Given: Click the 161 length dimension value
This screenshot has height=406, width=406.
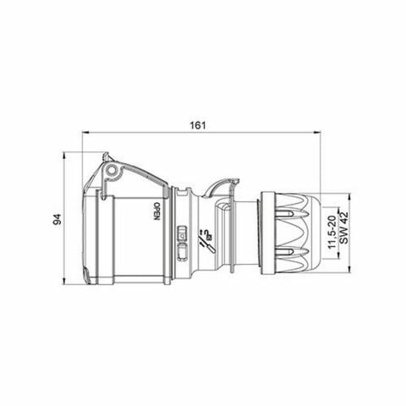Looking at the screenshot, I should tap(199, 123).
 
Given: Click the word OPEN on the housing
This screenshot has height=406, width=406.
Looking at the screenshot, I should tap(157, 211).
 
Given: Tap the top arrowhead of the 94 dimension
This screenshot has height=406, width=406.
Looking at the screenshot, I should tap(66, 156).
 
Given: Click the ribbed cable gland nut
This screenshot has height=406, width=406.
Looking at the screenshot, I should tap(296, 229).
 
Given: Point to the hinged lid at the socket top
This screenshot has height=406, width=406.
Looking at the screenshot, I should tap(127, 173).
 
